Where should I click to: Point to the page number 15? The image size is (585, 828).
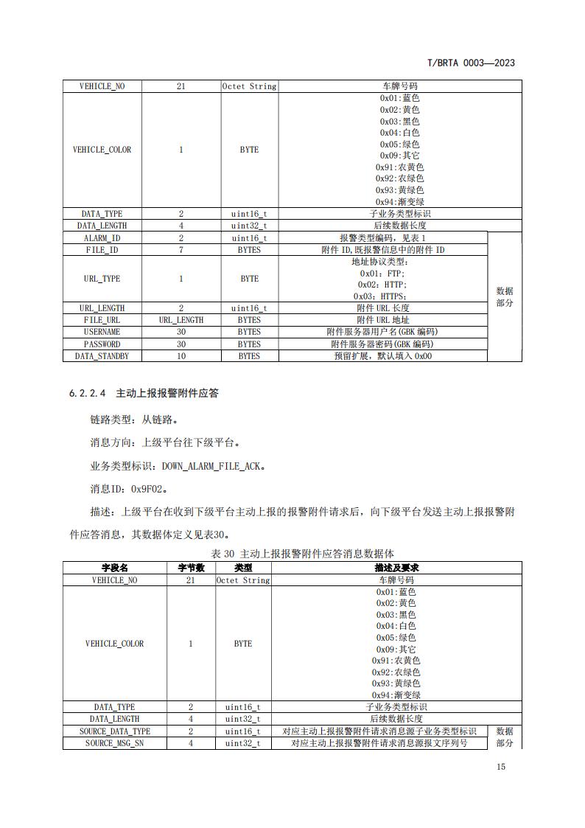point(501,768)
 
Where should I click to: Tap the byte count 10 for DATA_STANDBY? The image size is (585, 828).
point(181,356)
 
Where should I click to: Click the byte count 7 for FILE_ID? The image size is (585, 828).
point(181,250)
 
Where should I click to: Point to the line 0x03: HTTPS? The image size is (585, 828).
point(382,296)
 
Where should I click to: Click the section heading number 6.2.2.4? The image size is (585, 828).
point(88,394)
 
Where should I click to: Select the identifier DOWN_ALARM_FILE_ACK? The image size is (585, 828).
point(213,466)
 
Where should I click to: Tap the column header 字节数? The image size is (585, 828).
point(191,568)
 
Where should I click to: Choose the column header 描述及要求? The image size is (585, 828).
point(396,568)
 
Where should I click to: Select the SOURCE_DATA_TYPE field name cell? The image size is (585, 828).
point(114,731)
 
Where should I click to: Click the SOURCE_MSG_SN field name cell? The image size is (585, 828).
point(114,743)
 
